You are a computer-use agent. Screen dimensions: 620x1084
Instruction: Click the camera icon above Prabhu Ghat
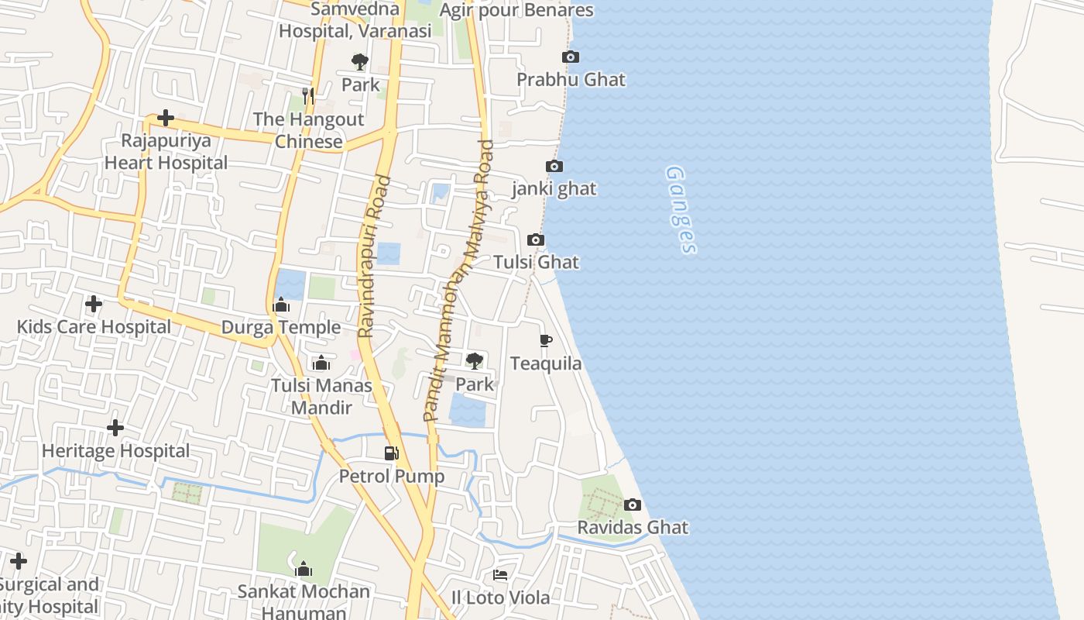[571, 57]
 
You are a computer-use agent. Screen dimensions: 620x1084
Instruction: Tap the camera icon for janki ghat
[554, 167]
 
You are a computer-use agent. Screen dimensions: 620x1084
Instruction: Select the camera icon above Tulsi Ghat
[536, 240]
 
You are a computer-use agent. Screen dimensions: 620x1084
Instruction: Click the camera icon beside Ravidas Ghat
[633, 505]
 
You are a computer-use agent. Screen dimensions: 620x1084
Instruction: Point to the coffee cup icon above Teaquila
[546, 340]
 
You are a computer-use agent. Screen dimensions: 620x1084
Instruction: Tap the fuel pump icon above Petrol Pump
[392, 453]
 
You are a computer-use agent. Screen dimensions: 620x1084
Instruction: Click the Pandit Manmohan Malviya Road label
[458, 281]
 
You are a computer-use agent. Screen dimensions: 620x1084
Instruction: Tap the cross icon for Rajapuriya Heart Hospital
[166, 118]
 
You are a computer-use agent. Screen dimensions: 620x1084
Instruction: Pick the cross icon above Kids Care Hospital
[94, 304]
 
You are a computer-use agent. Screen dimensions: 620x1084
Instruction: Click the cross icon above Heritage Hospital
[115, 428]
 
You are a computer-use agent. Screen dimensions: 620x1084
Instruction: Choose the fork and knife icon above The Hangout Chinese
[309, 96]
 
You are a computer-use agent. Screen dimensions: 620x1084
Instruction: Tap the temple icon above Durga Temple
[282, 305]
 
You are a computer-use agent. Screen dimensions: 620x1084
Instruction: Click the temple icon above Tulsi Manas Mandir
[321, 363]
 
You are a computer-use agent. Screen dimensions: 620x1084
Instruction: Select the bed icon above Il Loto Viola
[500, 575]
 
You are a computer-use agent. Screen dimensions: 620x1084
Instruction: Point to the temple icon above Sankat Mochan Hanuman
[304, 569]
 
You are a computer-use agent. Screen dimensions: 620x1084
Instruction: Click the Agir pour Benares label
[516, 10]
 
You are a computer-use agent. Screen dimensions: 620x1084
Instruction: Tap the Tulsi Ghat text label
[537, 262]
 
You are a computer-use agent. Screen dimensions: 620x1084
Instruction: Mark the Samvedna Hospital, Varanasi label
[355, 20]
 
